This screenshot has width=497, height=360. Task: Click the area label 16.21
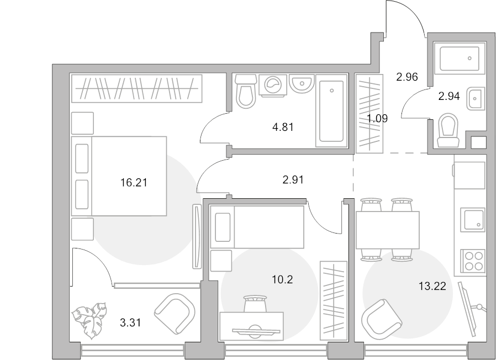tap(134, 183)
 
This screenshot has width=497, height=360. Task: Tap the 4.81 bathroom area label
tap(283, 127)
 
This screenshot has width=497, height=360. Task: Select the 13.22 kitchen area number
tap(432, 287)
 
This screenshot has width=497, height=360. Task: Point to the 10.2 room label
tap(282, 279)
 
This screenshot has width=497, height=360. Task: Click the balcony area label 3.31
tap(130, 323)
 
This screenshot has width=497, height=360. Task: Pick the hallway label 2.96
tap(407, 77)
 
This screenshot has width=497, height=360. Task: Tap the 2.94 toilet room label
tap(449, 96)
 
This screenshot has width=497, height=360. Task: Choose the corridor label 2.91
tap(293, 180)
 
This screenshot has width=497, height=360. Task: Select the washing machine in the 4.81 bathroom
tap(273, 85)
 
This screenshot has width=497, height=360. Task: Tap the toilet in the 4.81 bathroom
tap(246, 91)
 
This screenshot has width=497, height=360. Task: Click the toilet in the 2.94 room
tap(448, 130)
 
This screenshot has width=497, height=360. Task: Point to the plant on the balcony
tap(89, 320)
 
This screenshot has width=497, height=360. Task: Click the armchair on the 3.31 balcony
tap(175, 314)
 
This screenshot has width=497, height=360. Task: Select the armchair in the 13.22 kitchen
tap(382, 319)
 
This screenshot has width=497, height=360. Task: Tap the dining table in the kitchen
tap(387, 230)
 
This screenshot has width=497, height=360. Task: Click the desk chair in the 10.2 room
tap(255, 304)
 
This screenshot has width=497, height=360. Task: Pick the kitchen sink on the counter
tap(473, 220)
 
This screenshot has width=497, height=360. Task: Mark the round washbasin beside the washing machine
tap(302, 84)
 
